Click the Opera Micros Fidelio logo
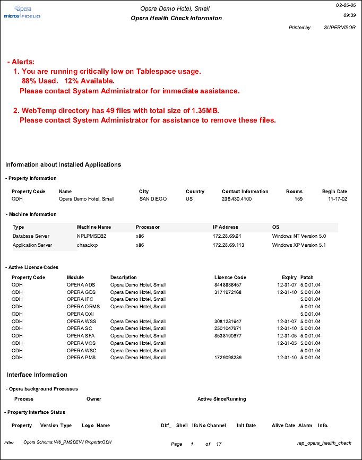[x=22, y=12]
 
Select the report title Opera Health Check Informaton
[x=176, y=18]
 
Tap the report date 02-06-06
[x=346, y=5]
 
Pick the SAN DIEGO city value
[x=153, y=199]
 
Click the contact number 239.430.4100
[x=237, y=199]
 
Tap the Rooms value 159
[x=298, y=199]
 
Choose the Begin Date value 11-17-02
[x=337, y=199]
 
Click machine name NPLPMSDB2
[x=93, y=235]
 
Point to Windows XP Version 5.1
[x=299, y=245]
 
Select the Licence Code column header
[x=230, y=277]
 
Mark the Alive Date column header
[x=283, y=426]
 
